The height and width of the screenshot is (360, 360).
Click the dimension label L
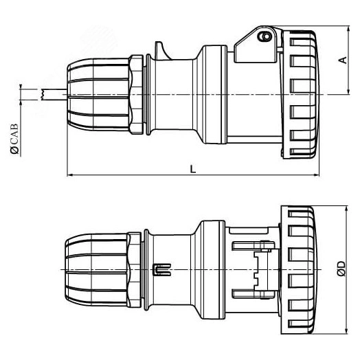(x=194, y=168)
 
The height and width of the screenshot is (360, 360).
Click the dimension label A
(x=341, y=60)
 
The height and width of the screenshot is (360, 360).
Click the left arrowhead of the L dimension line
(x=70, y=175)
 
